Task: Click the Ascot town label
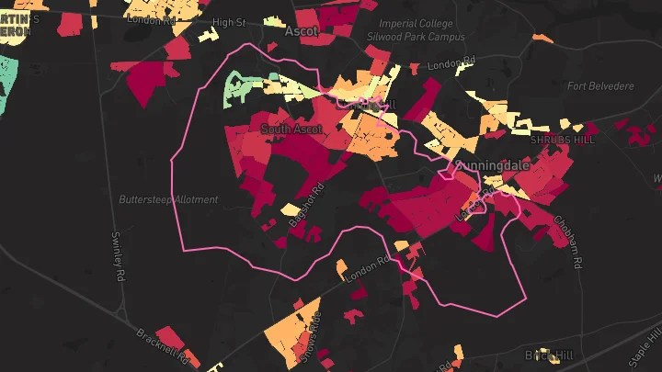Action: point(302,31)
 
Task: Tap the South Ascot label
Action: point(291,130)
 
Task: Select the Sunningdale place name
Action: point(505,165)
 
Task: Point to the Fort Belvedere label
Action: point(601,86)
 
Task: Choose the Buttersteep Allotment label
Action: point(168,199)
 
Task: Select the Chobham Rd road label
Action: point(567,242)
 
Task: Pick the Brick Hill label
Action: point(548,355)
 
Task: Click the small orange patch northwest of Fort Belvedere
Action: point(542,39)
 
